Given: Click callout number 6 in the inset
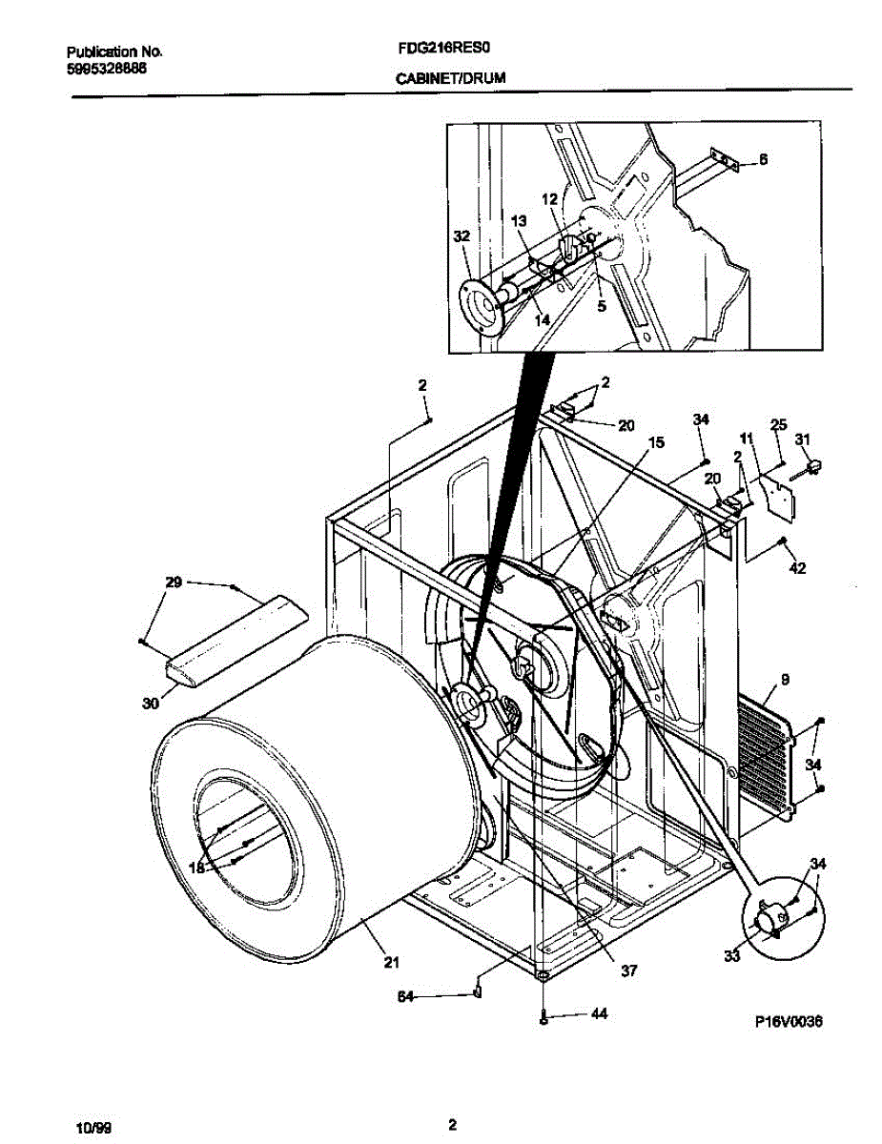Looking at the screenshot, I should pos(763,160).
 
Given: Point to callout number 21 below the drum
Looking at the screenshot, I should pos(391,962).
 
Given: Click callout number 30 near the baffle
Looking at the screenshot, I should pos(149,704).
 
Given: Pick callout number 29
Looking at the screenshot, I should pos(174,582).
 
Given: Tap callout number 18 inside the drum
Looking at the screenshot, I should pos(197,868).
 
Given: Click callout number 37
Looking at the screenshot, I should pos(628,970).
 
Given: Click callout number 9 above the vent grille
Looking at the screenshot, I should pos(785,681).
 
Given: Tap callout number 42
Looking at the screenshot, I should pos(798,569).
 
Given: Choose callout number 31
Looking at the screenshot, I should pos(803,439).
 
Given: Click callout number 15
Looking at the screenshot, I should pos(656,442).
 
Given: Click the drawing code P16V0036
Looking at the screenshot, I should pos(788,1021).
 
